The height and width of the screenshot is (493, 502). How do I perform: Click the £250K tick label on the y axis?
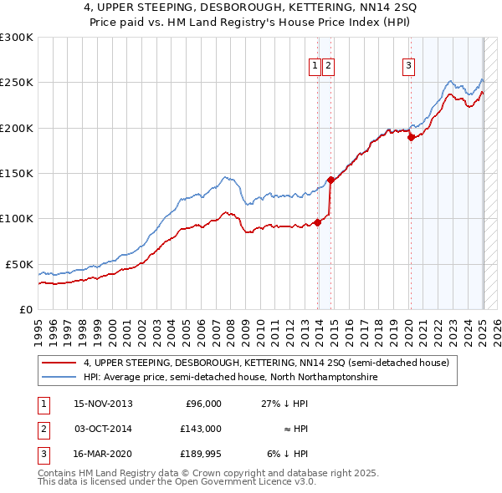point(17,83)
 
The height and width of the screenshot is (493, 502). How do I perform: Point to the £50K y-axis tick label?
point(19,264)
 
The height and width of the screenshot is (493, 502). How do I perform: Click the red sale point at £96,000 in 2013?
point(318,222)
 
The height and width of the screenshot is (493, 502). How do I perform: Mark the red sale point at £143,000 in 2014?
point(331,180)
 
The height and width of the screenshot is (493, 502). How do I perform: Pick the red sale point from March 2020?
point(411,138)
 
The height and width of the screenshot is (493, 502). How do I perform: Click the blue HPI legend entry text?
point(230,378)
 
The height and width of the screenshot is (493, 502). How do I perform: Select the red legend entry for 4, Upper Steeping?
point(266,363)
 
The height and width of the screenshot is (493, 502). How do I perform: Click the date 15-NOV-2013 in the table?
point(103,404)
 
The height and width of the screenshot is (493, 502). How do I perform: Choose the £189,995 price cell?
point(200,454)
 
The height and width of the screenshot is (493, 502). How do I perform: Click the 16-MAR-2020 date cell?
point(103,454)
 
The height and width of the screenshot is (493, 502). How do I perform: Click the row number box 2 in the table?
point(42,429)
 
